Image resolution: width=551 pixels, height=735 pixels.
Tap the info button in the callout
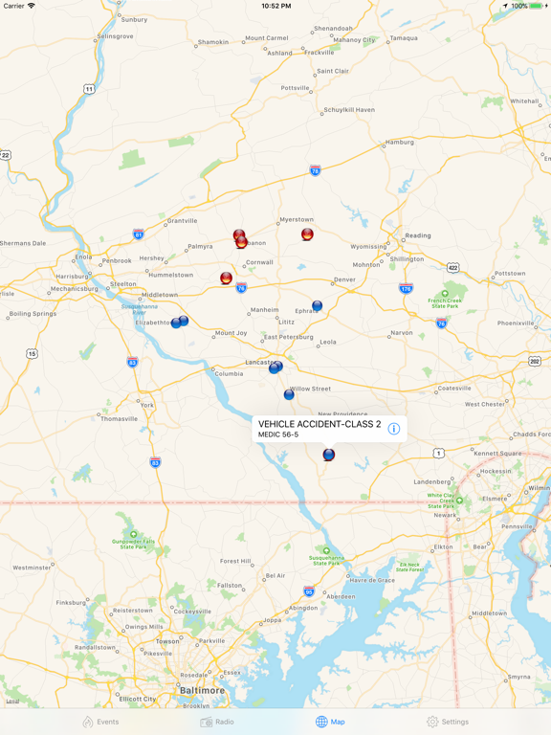[393, 429]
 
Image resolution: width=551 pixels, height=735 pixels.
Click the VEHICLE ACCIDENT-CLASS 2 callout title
[320, 424]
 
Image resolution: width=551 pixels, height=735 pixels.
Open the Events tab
[100, 722]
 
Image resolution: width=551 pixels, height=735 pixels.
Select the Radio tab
[217, 722]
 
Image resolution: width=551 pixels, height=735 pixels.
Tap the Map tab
[330, 722]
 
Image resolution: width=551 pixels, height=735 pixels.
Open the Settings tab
[448, 722]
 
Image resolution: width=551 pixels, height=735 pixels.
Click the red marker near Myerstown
[307, 234]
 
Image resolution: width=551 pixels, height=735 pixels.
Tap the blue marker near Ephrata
[318, 306]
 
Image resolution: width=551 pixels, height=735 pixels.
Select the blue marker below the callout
[328, 455]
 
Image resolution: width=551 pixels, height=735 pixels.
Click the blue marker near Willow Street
[289, 393]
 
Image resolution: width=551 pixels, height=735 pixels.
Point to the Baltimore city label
[203, 690]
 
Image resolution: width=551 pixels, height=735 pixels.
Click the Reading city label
[418, 235]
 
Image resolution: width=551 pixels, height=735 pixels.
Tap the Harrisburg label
[72, 276]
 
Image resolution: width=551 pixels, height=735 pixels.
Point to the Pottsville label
[296, 88]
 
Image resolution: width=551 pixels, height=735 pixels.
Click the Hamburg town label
[400, 143]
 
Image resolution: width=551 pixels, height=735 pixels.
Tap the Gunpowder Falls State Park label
[134, 542]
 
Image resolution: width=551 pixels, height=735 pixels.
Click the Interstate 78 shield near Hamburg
[316, 170]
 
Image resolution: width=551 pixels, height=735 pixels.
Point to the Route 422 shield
[452, 268]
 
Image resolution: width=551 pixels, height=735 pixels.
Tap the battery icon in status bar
[537, 6]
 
